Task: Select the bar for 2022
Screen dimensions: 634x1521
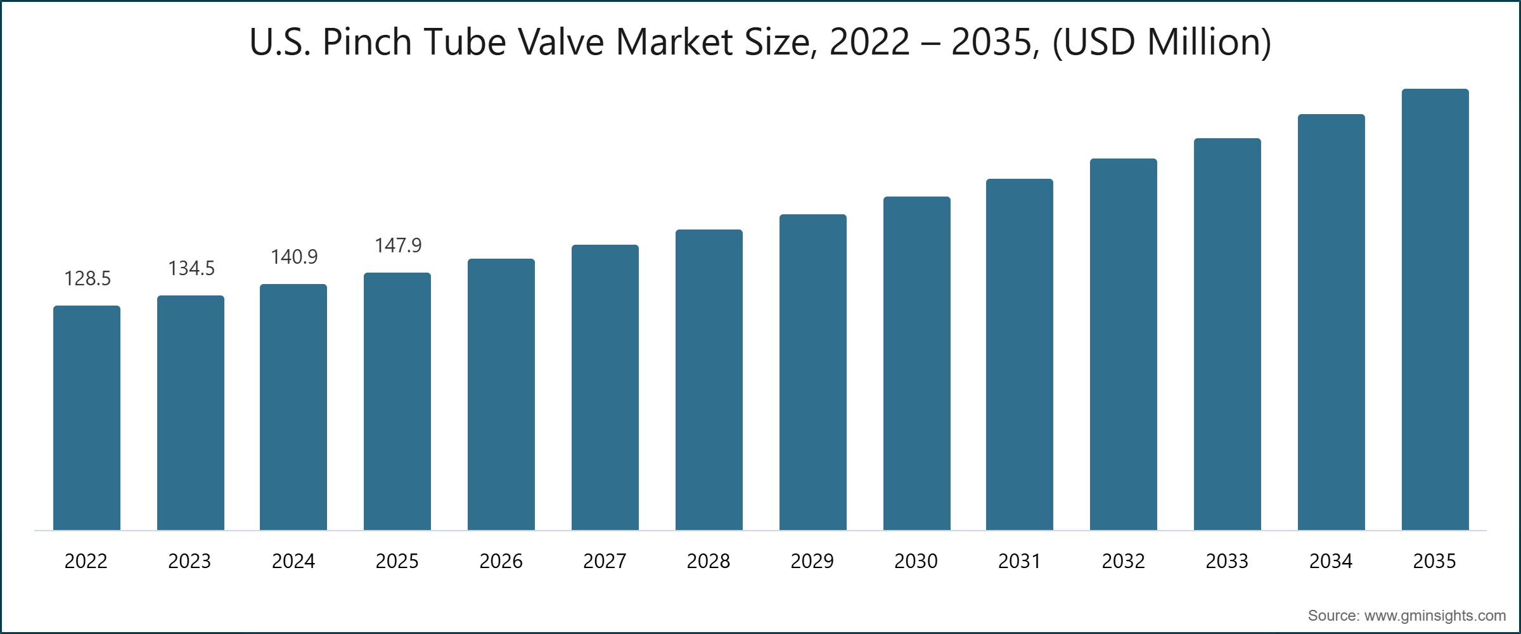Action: pos(87,418)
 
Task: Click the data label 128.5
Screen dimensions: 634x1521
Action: pos(87,278)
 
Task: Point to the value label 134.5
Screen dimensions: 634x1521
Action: pos(191,268)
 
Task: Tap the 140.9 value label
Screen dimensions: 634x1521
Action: pos(294,257)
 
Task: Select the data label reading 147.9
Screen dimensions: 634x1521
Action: pos(398,245)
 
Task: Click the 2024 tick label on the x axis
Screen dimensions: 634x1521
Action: pos(293,561)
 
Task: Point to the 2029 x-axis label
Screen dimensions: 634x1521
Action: pos(812,561)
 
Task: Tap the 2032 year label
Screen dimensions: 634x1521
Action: pos(1123,561)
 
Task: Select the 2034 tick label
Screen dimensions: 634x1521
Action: pos(1331,561)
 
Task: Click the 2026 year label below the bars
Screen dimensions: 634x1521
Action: pos(501,561)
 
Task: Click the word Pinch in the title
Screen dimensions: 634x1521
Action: pos(367,42)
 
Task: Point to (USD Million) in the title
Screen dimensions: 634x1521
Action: pos(1162,42)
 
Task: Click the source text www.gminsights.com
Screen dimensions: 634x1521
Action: pos(1435,616)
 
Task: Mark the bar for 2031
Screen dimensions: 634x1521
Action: pos(1020,354)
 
